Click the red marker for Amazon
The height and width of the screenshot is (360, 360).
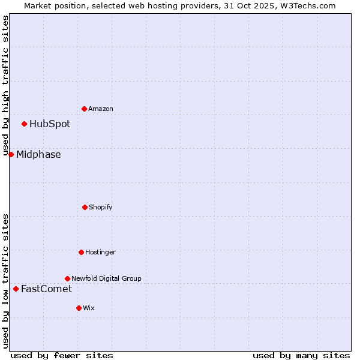pos(84,109)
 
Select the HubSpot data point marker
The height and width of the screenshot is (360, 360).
pos(24,124)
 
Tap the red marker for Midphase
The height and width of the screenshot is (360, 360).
pos(11,154)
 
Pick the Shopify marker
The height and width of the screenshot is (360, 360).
pos(85,207)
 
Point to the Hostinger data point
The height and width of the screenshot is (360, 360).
pos(81,252)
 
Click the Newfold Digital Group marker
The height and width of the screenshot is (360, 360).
pos(67,278)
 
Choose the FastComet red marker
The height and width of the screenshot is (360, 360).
pos(16,289)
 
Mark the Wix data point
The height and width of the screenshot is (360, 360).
pos(79,308)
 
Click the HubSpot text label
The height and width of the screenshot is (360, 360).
pos(50,124)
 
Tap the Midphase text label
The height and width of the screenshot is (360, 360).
pos(38,155)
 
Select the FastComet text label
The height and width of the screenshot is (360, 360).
pos(46,289)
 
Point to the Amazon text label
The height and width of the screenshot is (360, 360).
pos(101,109)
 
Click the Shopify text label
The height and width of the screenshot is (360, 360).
pos(101,208)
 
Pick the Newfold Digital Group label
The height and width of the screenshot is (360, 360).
pos(106,278)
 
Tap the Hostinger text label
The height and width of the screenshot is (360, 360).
pos(100,253)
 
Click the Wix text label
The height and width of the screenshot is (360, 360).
pos(89,308)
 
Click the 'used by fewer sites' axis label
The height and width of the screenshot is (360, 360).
pos(62,355)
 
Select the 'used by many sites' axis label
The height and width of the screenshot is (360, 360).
pos(301,355)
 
